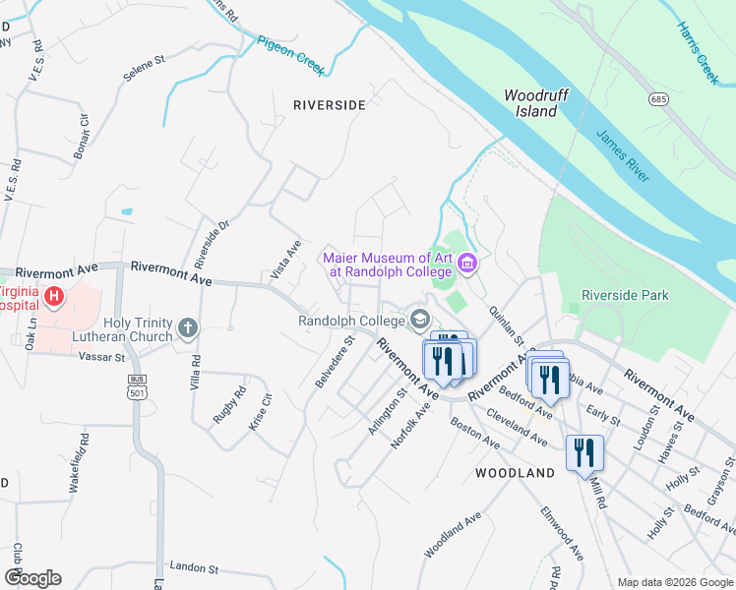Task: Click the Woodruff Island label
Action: pyautogui.click(x=536, y=103)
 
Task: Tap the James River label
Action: pyautogui.click(x=621, y=155)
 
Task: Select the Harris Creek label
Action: pyautogui.click(x=697, y=53)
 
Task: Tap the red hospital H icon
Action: pyautogui.click(x=55, y=295)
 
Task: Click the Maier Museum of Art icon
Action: pyautogui.click(x=467, y=263)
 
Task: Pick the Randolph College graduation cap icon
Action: pyautogui.click(x=420, y=320)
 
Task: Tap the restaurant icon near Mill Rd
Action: pyautogui.click(x=584, y=453)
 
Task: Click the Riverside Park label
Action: pyautogui.click(x=625, y=295)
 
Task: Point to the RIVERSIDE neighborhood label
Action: pyautogui.click(x=329, y=104)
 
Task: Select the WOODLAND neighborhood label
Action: pyautogui.click(x=515, y=473)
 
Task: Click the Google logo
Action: pyautogui.click(x=32, y=577)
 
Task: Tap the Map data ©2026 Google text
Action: pyautogui.click(x=674, y=582)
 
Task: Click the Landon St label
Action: pyautogui.click(x=193, y=567)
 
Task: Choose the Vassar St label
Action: pyautogui.click(x=98, y=357)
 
